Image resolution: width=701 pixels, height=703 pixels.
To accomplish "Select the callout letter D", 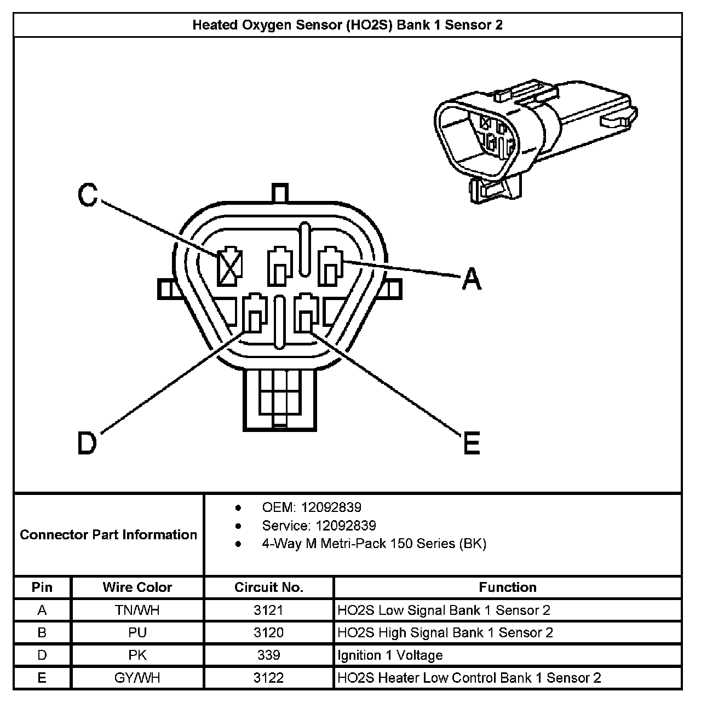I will pos(87,443).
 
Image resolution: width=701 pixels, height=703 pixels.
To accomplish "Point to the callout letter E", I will pos(471,442).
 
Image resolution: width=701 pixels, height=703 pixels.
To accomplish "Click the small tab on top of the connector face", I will pos(280,194).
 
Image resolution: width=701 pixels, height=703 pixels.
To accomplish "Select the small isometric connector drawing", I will pos(534,140).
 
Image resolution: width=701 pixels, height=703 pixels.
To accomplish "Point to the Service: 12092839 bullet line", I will pos(319,526).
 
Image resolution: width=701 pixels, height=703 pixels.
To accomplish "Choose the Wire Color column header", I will pos(137,587).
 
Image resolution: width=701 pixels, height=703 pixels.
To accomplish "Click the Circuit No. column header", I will pos(268,587).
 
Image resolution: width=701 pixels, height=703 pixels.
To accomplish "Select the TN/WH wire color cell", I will pos(137,610).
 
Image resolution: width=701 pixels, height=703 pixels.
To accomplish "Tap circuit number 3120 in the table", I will pos(268,632).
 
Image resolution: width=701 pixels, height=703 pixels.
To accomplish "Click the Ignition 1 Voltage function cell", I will pos(390,655).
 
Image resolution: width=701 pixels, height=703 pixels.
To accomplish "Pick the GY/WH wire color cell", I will pos(137,678).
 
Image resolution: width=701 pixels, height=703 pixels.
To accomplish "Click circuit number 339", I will pos(268,655).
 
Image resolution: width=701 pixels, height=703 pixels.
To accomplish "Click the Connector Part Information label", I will pos(108,534).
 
